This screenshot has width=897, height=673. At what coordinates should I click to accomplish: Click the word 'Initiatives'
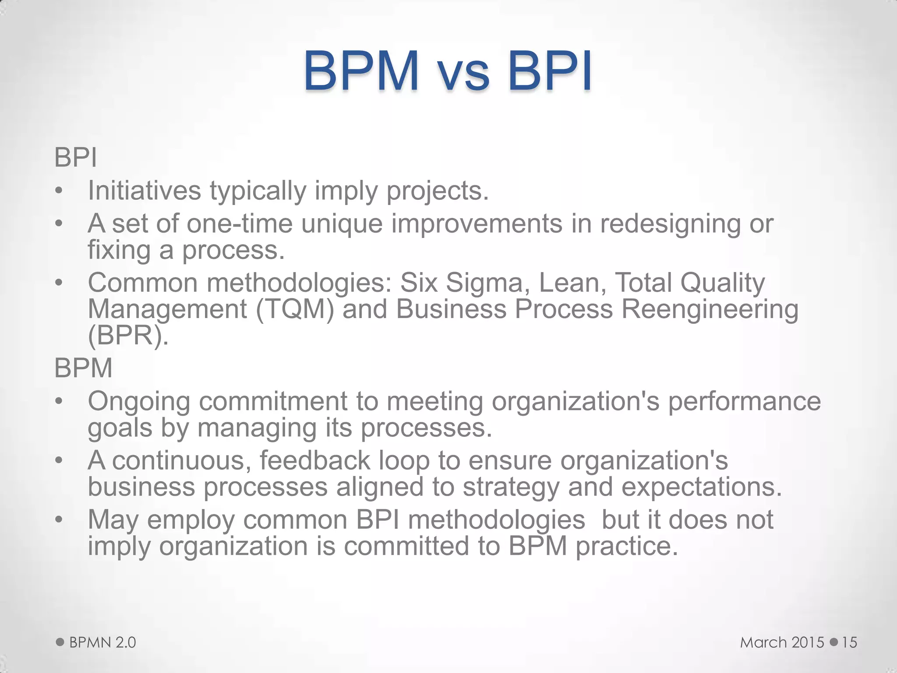(145, 191)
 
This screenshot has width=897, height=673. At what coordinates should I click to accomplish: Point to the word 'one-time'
(240, 223)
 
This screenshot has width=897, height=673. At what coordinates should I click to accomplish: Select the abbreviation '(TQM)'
(295, 309)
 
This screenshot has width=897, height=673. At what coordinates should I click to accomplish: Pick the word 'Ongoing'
(139, 402)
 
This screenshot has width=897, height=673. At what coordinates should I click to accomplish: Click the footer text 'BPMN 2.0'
(102, 642)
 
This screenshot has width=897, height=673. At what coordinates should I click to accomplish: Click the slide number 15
(849, 642)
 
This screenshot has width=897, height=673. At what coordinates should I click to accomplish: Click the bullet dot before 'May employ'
(59, 520)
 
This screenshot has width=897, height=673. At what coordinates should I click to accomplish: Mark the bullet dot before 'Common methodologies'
(59, 283)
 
